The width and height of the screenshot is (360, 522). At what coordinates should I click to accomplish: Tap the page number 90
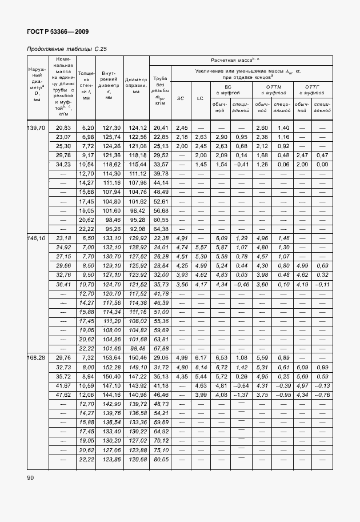(31, 477)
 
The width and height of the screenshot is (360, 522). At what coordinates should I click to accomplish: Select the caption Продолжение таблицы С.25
(67, 49)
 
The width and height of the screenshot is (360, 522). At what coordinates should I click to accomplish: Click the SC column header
(181, 98)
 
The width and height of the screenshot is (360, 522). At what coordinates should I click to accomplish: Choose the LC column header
(200, 98)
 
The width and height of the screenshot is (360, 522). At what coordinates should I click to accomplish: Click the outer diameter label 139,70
(37, 127)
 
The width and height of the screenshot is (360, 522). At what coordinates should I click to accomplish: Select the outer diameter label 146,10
(37, 238)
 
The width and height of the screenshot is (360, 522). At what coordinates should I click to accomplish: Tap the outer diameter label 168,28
(37, 357)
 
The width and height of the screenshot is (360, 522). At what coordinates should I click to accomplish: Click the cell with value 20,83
(63, 127)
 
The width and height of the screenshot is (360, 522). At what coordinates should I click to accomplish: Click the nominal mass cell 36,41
(63, 284)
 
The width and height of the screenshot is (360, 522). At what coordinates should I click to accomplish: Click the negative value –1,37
(241, 395)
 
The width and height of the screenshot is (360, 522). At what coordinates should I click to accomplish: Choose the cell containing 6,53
(221, 357)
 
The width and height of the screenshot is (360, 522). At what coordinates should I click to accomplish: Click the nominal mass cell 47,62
(63, 395)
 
